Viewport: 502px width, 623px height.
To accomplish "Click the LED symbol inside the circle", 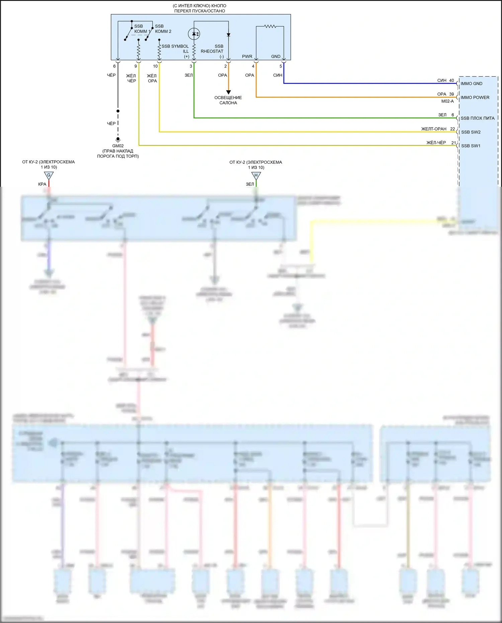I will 194,33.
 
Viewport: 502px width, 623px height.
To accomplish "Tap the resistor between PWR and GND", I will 270,26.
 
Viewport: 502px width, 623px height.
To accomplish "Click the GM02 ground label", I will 118,146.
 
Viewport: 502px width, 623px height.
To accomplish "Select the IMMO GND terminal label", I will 471,84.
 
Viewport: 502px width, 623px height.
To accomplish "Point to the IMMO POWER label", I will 475,97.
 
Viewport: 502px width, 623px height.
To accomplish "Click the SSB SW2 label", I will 471,132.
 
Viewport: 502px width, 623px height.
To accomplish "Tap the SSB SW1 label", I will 471,146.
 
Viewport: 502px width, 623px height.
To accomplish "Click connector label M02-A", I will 447,101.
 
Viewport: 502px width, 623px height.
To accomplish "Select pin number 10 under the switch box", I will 155,66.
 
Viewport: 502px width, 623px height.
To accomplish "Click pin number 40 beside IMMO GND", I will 451,80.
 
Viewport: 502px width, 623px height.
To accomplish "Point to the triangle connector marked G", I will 49,175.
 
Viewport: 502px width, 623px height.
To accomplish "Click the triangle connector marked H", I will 256,175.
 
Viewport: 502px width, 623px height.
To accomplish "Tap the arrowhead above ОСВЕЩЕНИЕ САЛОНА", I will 229,92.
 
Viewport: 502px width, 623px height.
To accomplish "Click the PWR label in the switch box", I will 247,57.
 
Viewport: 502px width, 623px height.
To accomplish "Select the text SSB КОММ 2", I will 163,29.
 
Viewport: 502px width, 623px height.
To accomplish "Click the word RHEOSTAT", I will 212,51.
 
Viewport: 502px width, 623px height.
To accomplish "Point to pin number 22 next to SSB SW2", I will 452,129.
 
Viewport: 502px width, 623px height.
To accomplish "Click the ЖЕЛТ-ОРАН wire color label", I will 434,129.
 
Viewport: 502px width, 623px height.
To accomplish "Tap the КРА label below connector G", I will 42,184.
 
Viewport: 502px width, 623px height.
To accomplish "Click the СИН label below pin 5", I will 277,75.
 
